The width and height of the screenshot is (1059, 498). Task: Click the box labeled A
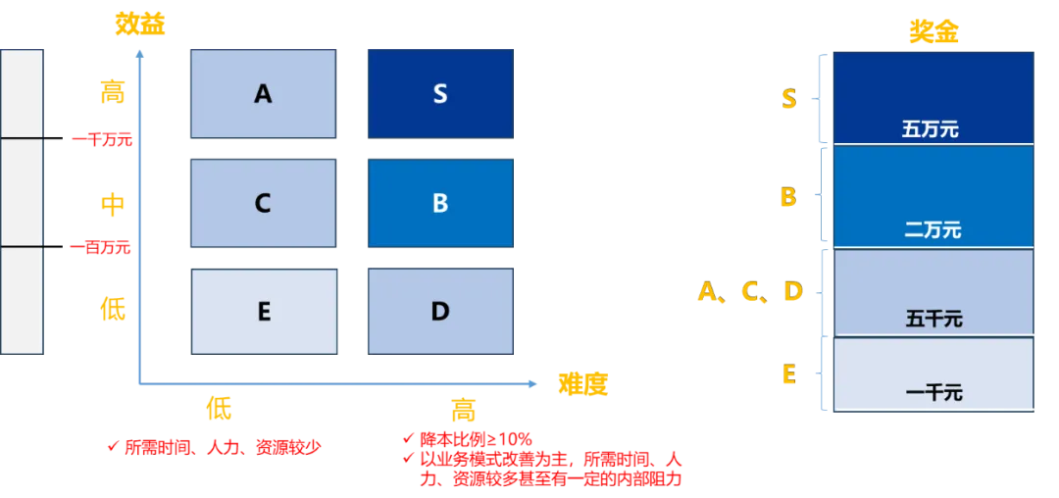pos(263,94)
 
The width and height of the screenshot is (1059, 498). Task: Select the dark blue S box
pos(439,94)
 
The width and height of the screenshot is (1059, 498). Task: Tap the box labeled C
pos(263,203)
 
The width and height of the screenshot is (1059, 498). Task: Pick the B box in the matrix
pos(439,203)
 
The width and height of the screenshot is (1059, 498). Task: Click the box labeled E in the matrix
pos(263,311)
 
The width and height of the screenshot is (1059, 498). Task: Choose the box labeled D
pos(439,311)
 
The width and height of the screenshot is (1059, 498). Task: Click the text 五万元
pos(932,129)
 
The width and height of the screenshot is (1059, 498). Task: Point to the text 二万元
pos(932,230)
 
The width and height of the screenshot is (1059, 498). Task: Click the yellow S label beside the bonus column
pos(788,98)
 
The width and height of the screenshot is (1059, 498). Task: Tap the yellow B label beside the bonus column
pos(787,198)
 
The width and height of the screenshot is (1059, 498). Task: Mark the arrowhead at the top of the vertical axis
pos(142,57)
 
